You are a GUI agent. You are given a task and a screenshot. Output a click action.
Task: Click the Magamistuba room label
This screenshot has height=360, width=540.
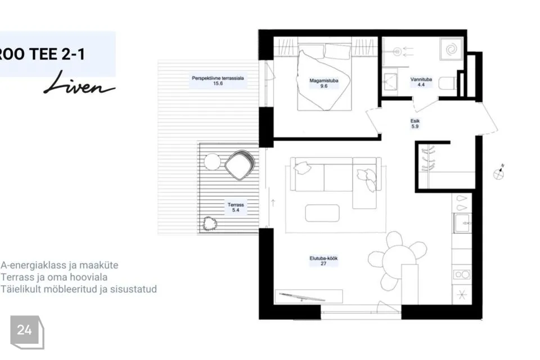coord(324,83)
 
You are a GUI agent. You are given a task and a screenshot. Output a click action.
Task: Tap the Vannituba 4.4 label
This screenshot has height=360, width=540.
coord(421,82)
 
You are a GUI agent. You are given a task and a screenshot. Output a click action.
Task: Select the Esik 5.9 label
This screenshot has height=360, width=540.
coord(415,124)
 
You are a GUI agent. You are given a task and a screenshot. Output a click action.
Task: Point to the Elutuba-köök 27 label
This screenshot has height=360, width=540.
coord(323,261)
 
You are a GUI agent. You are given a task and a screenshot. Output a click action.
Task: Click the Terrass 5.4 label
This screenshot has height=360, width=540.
coord(236,208)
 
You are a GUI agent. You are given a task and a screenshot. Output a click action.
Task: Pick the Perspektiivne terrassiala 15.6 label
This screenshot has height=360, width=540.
coord(218,80)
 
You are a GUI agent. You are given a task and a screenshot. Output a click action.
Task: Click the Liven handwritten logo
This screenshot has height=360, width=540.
coord(79,83)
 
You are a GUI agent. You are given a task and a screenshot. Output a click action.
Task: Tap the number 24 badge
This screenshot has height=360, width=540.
coord(27,332)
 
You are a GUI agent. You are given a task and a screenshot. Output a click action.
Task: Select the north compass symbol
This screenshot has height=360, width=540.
coord(499,173)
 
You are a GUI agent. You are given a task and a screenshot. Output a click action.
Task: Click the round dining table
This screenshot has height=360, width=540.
coord(399,258)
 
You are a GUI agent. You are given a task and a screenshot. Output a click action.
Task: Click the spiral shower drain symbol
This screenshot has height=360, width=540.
coord(452,49)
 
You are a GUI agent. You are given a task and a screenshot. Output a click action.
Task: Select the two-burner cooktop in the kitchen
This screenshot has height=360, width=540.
coord(462,274)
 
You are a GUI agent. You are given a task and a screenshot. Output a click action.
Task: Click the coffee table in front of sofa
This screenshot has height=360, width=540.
coord(322,213)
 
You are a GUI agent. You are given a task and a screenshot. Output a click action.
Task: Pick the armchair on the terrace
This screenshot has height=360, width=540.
coord(240,165)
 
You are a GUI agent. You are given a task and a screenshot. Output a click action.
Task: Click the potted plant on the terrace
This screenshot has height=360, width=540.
coord(210,223)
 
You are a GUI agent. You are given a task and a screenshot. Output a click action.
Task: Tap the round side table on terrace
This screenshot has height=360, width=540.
coord(212,162)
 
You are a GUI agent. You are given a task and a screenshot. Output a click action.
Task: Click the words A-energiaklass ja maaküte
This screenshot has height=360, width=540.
coord(60,265)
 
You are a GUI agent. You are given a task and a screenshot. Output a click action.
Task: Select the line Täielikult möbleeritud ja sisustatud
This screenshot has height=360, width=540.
coord(79,289)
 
